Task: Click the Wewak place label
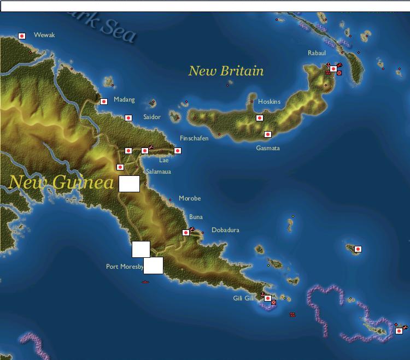45,35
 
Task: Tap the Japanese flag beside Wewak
22,36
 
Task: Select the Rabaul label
317,53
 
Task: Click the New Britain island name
226,71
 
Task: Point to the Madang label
124,100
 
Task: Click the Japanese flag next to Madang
104,102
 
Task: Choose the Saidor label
152,117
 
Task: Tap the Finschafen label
194,138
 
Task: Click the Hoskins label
269,102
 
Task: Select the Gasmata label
268,148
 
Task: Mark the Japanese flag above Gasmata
268,134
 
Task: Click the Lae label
163,160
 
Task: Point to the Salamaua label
158,172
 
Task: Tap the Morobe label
189,198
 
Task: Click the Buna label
196,217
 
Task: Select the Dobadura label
225,230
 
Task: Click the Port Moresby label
124,267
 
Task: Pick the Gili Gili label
243,298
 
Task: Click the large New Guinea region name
61,182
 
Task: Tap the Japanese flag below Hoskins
260,118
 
